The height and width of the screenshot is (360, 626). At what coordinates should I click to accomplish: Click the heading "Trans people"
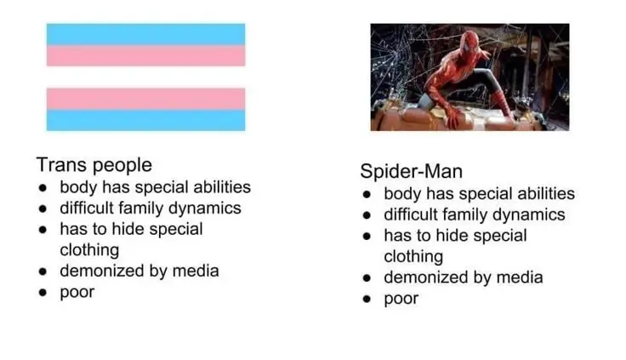(94, 165)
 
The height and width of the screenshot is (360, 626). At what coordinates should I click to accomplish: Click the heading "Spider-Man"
(411, 171)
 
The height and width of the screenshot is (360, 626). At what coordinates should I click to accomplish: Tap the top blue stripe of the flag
(145, 34)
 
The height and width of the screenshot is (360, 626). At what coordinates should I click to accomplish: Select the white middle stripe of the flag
(145, 77)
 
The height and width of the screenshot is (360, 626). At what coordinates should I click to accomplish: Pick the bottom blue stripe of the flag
(145, 120)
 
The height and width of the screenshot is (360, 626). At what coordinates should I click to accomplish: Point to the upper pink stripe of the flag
(145, 55)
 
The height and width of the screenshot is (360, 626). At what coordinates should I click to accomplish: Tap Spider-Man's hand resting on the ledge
(452, 118)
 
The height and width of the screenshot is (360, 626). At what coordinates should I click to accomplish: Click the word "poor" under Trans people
(77, 293)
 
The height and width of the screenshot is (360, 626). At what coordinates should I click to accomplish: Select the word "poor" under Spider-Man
(401, 299)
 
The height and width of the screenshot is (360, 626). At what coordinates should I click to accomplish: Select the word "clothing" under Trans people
(89, 250)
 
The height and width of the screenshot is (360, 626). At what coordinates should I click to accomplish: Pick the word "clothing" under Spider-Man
(413, 257)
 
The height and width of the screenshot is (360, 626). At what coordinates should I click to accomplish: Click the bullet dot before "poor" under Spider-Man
(367, 299)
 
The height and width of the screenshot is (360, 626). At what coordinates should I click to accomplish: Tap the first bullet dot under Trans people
(43, 187)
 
